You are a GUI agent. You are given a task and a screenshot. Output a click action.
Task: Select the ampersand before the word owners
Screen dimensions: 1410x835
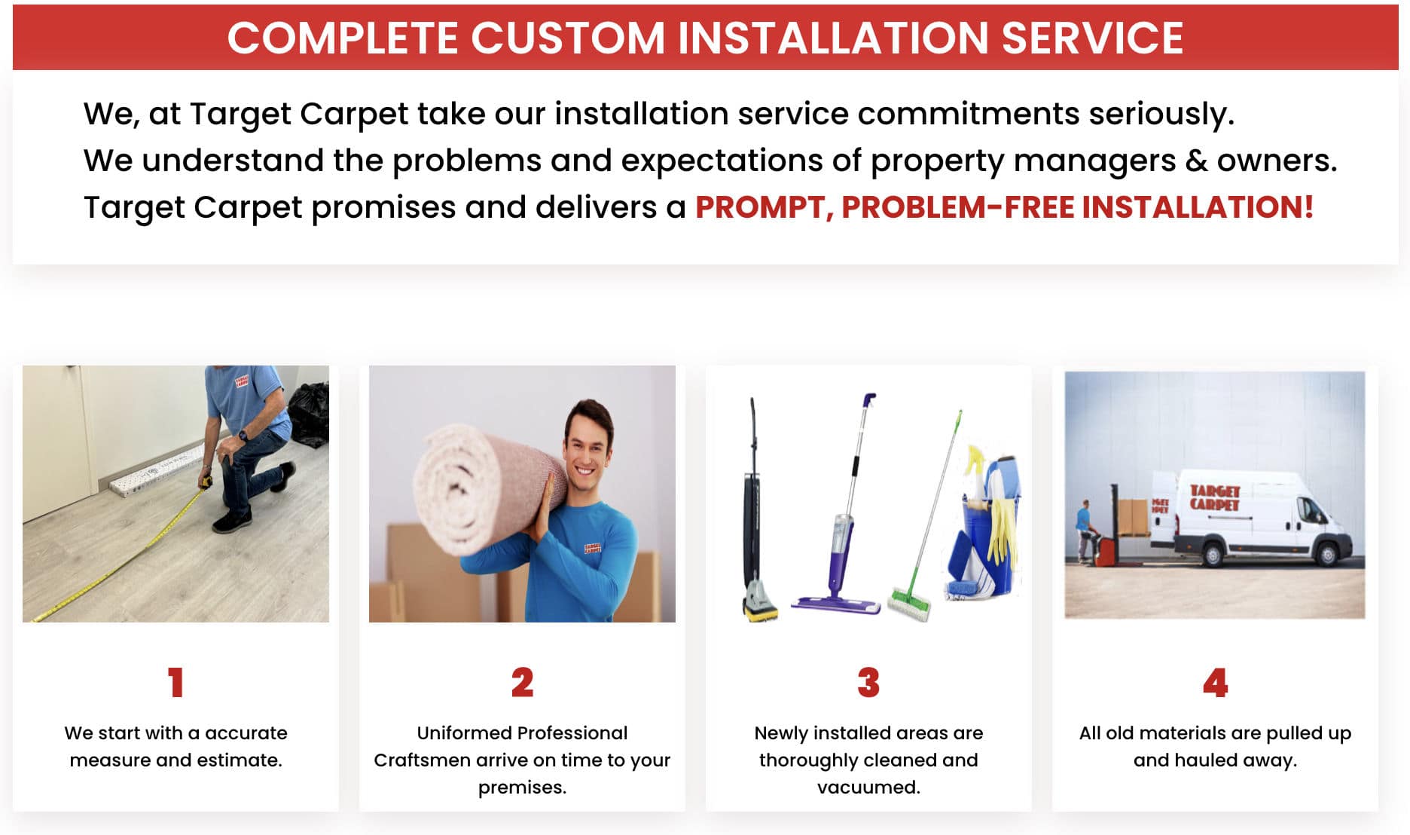pyautogui.click(x=1196, y=161)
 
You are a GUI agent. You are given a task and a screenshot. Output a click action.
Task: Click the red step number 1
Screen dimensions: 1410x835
pyautogui.click(x=175, y=683)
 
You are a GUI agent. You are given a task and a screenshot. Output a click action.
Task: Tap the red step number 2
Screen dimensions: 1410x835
pyautogui.click(x=522, y=683)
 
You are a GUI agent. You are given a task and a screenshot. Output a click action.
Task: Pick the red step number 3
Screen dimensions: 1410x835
pyautogui.click(x=868, y=683)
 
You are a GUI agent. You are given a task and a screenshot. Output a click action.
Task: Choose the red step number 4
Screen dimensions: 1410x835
pyautogui.click(x=1215, y=683)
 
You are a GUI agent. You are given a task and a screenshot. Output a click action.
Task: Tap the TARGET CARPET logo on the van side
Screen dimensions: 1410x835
pyautogui.click(x=1214, y=498)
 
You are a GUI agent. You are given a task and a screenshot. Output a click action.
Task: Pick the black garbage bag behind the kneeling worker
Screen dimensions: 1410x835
pyautogui.click(x=310, y=414)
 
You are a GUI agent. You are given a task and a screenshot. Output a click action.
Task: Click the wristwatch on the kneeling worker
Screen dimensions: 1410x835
pyautogui.click(x=243, y=436)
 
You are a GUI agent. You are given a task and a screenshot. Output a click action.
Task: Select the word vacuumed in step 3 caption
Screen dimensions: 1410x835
pyautogui.click(x=868, y=788)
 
